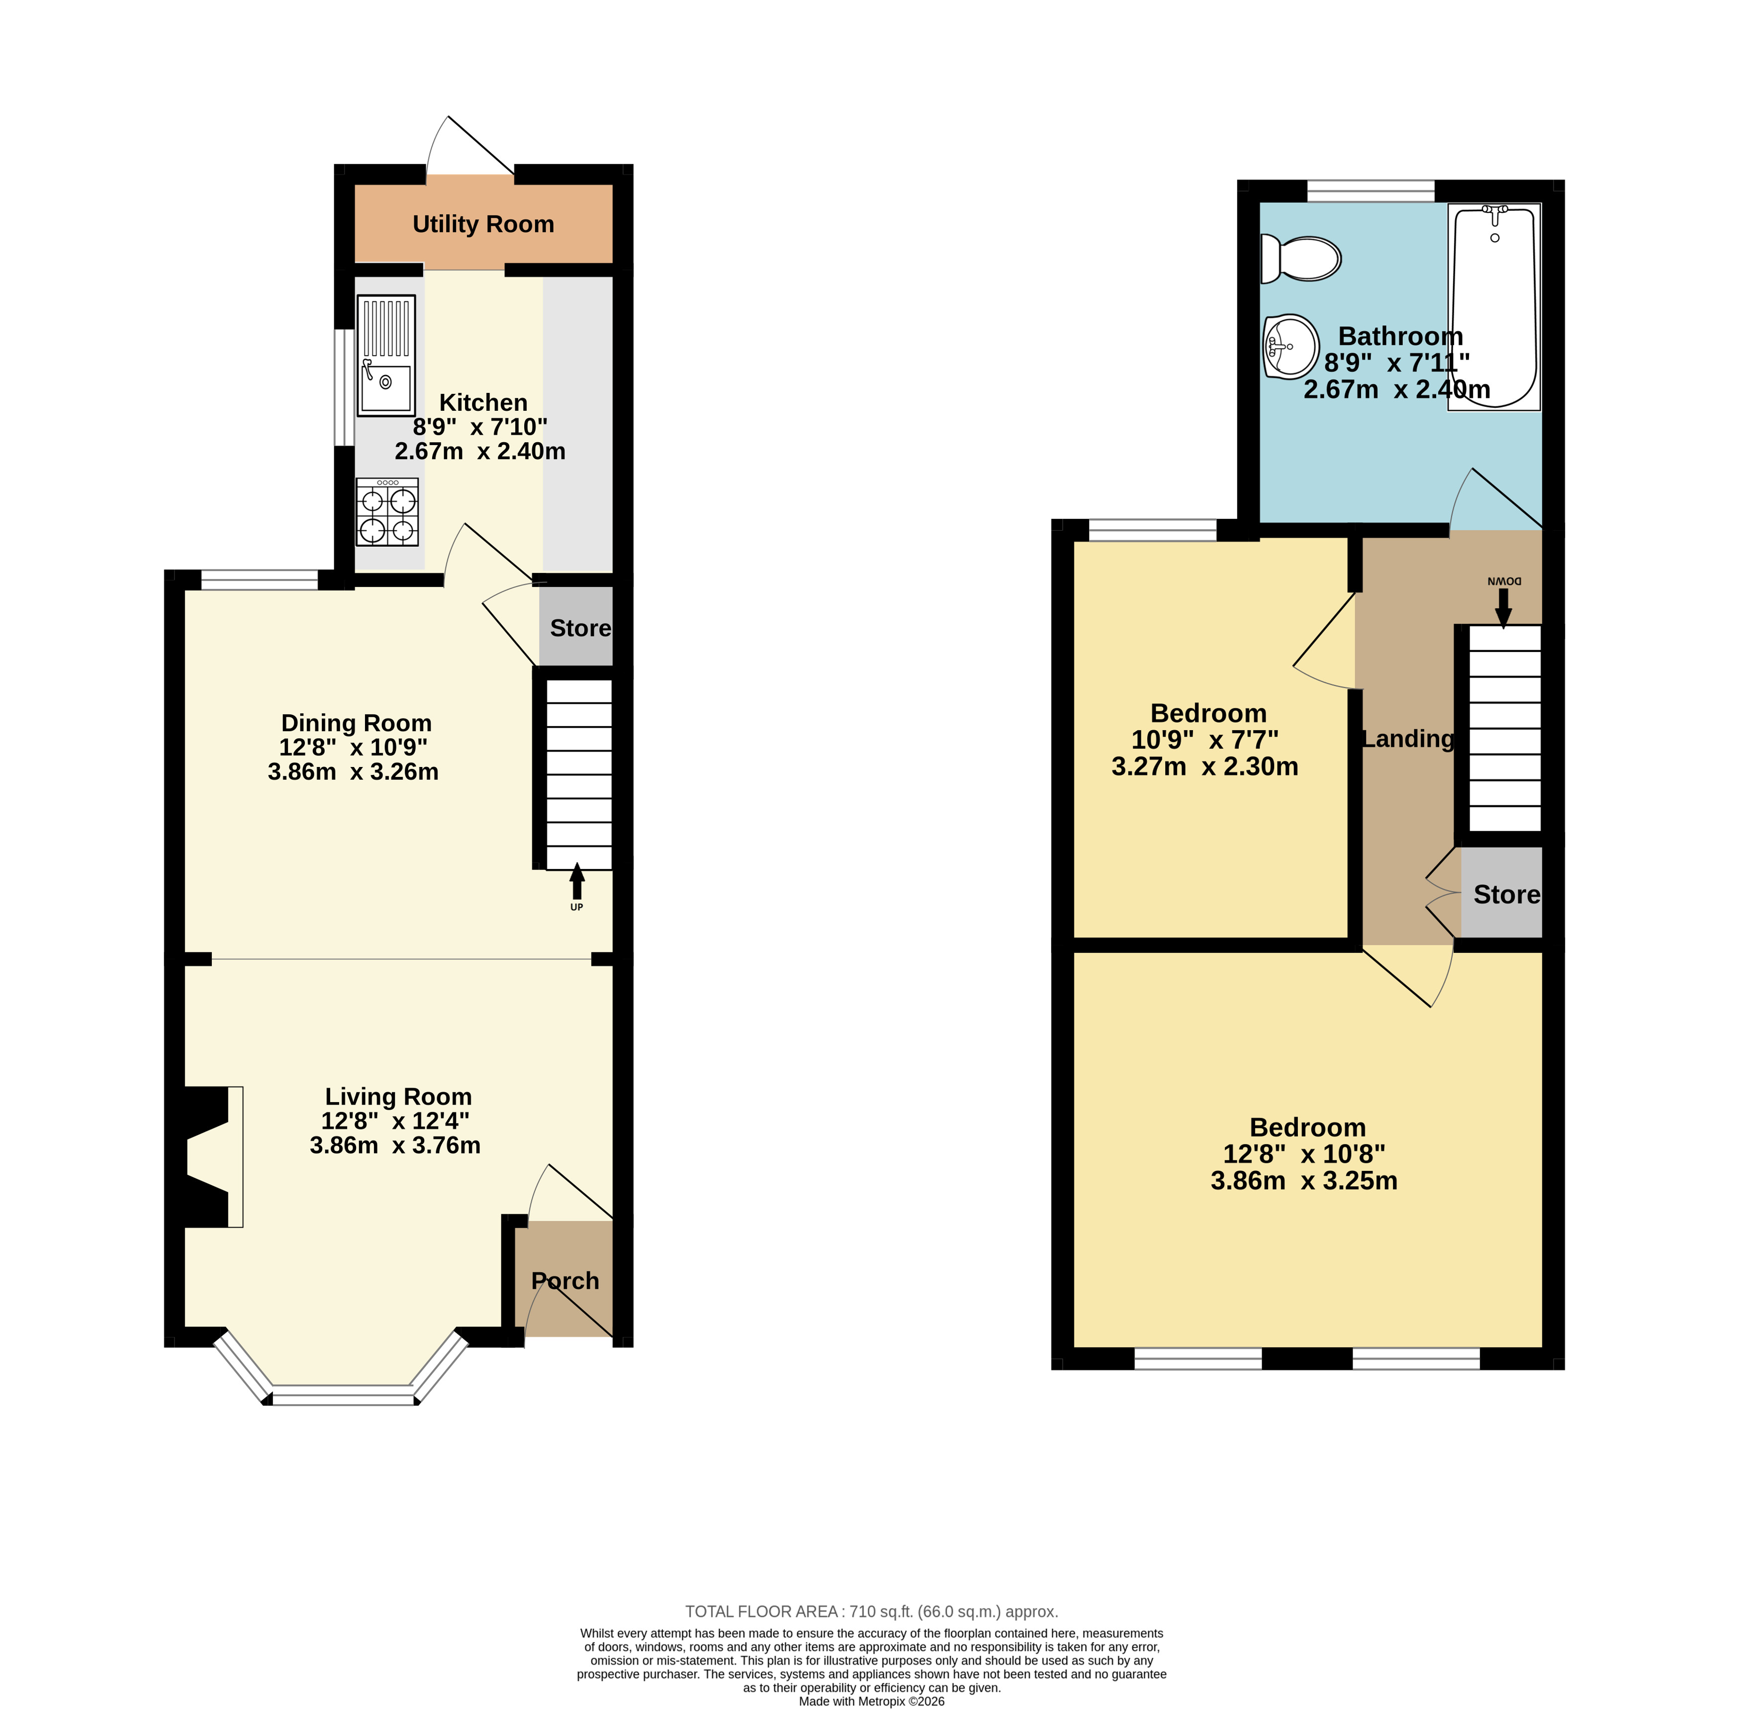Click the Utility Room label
483,224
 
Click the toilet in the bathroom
1300,259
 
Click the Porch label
565,1281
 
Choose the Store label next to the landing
1507,895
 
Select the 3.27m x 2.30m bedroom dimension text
1204,766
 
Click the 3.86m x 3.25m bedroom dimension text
1304,1180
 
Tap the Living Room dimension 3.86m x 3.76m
395,1145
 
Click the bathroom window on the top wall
1371,191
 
